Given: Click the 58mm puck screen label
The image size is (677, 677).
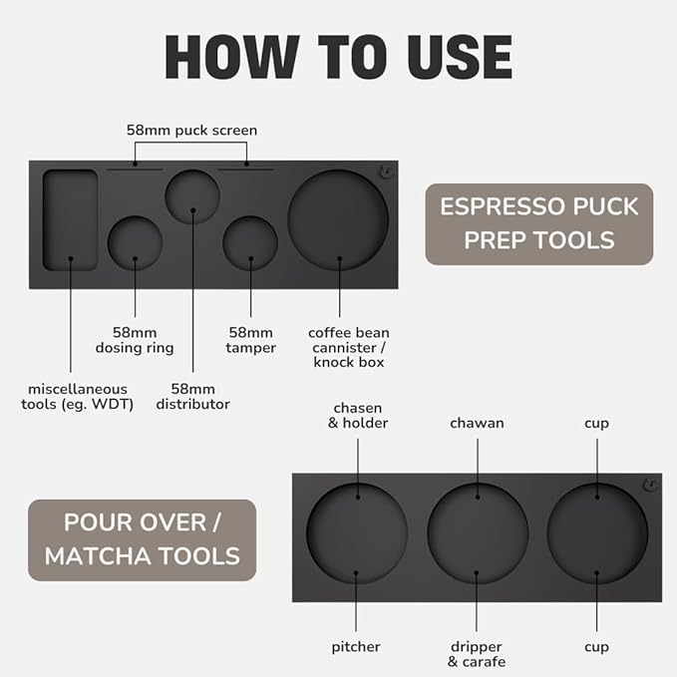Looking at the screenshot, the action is (x=191, y=130).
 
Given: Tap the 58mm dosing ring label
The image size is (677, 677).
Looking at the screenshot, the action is (x=135, y=340).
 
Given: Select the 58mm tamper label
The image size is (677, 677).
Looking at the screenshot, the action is (x=251, y=340).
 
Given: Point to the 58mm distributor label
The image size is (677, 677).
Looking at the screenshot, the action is (x=193, y=397).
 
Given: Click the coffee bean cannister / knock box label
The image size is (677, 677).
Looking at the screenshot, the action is (x=349, y=348).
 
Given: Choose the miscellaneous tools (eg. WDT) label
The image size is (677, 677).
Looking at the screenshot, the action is (x=78, y=397).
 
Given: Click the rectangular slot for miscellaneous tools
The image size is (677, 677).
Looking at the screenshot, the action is (x=71, y=220).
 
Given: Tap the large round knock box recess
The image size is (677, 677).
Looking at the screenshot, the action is (x=338, y=220).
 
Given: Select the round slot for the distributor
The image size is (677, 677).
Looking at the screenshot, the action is (x=192, y=196).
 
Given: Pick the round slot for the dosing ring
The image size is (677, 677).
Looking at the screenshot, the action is (x=136, y=243).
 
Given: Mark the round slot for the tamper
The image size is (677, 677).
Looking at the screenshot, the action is (x=250, y=243).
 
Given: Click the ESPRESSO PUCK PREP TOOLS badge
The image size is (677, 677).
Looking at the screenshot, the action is (x=539, y=224).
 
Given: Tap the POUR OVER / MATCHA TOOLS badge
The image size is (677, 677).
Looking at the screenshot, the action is (x=142, y=539).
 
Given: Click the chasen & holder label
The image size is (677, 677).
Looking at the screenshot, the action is (x=358, y=416).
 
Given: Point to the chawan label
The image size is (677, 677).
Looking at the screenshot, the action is (x=478, y=423).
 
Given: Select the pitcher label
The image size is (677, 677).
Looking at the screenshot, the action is (x=356, y=647).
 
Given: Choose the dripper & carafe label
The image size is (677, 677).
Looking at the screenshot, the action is (x=477, y=654).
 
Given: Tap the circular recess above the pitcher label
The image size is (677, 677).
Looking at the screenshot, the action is (x=357, y=533).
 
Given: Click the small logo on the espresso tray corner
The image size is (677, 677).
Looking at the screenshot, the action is (x=385, y=171).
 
